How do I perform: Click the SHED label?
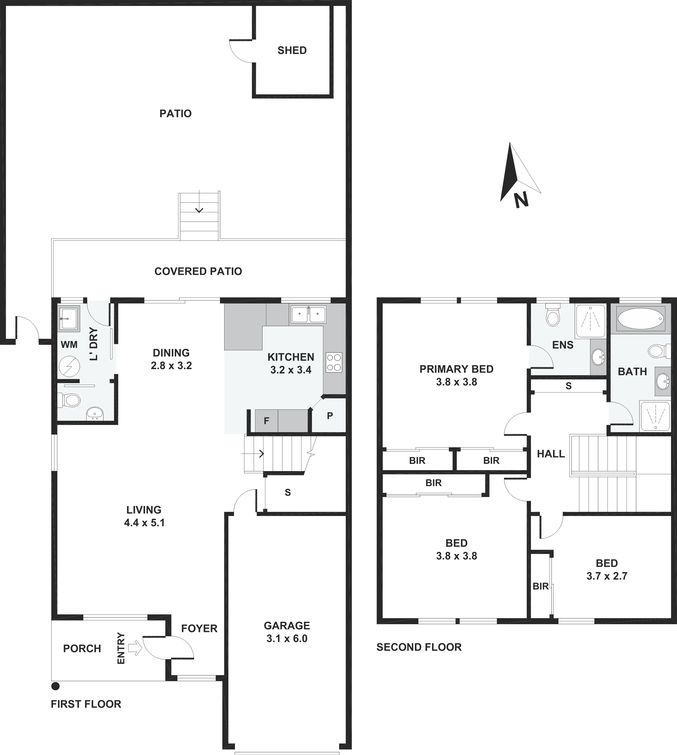292,51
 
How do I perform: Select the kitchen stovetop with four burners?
334,362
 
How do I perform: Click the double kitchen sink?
308,315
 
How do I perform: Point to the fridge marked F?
266,421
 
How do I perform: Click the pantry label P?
330,416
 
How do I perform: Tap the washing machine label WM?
69,344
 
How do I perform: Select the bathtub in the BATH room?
640,318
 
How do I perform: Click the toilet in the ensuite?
553,315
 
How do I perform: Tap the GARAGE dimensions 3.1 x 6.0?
287,639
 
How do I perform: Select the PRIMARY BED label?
456,369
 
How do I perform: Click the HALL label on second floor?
551,454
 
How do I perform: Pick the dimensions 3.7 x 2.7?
607,576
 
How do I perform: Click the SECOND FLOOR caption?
419,647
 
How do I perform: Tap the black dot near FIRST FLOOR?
56,686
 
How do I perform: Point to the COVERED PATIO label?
198,271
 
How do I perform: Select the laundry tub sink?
69,318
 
